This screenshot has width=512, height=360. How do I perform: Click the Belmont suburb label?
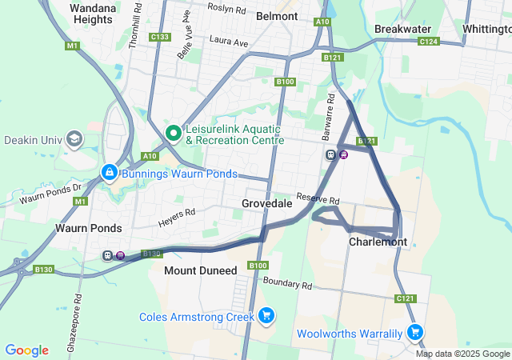(276, 16)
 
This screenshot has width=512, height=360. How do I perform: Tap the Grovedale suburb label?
(266, 204)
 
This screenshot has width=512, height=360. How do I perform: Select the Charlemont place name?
(378, 242)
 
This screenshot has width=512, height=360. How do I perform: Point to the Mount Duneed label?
(200, 271)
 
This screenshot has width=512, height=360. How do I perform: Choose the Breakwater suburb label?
(402, 28)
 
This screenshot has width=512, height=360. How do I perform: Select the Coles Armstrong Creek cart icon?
(266, 317)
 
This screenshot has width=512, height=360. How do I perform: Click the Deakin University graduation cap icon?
(74, 139)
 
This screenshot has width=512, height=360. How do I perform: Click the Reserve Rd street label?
(318, 199)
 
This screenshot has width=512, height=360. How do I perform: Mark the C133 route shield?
(160, 37)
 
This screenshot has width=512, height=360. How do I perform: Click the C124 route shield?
(429, 42)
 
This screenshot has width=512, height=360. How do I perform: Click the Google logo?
(26, 350)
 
